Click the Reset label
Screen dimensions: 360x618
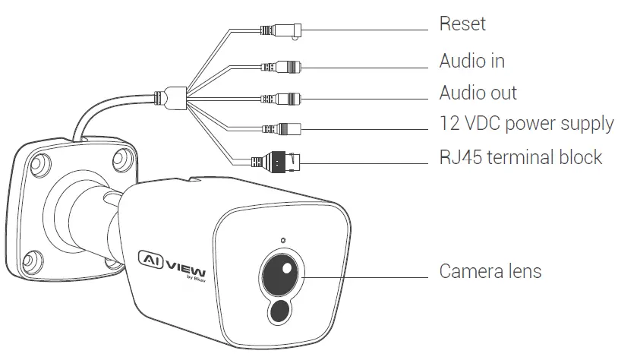coord(462,24)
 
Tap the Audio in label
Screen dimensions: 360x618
coord(471,60)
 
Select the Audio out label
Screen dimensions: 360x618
coord(478,93)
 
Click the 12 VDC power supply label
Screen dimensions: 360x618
coord(526,123)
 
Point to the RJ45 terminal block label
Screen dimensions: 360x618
coord(520,157)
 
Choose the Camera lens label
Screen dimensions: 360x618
coord(490,271)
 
